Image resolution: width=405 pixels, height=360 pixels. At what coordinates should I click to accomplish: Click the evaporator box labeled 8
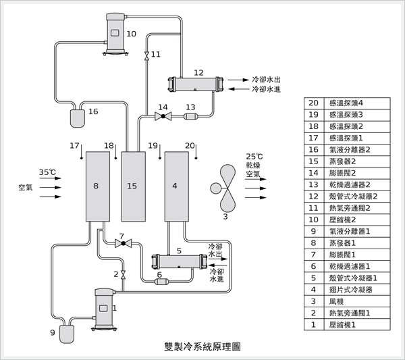point(97,186)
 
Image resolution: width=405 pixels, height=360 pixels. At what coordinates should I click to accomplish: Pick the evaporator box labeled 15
point(133,186)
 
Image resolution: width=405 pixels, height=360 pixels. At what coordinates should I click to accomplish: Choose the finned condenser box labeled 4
point(176,186)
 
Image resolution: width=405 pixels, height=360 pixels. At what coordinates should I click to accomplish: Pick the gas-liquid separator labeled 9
point(68,332)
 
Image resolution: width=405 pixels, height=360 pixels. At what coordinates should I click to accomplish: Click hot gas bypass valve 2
point(124,274)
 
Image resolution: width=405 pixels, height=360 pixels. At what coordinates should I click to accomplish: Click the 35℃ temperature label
point(48,172)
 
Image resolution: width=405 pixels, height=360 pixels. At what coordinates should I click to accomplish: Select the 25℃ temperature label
point(254,156)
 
